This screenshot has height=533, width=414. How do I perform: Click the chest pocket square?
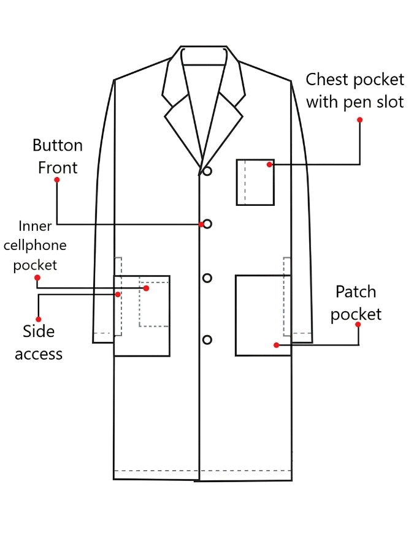pos(236,182)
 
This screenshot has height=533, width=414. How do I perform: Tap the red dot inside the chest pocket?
pos(269,165)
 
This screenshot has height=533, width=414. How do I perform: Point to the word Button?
pos(58,145)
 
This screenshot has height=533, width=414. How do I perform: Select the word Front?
pos(58,168)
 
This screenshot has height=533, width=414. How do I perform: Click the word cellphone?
pos(35,246)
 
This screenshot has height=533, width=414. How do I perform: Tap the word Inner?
pos(35,226)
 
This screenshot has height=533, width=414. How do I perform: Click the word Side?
pos(39,331)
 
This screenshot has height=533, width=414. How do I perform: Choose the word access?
pos(39,354)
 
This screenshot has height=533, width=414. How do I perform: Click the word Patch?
pos(356,292)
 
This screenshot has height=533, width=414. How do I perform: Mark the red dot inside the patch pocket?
pos(276,345)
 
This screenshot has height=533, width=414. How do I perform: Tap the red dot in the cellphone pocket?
pos(146,289)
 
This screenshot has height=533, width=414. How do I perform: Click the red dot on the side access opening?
pos(118,294)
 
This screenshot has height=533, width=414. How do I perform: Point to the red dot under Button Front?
pos(57,180)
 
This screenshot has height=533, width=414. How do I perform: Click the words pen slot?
pos(374,102)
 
